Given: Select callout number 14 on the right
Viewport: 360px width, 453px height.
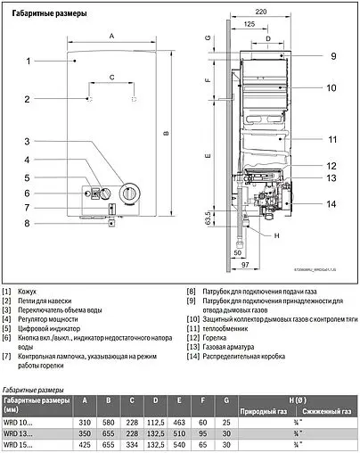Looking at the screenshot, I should pos(331,205).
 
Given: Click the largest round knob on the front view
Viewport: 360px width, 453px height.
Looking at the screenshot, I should pos(130,194).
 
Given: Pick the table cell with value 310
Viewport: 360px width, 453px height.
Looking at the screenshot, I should pos(86,419).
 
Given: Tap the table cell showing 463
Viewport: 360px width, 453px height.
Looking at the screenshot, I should pos(178,419).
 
